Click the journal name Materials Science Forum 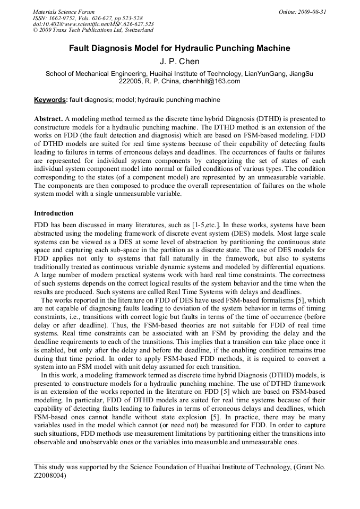click(x=64, y=12)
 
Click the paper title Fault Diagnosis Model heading click(x=179, y=48)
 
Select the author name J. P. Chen click(x=179, y=62)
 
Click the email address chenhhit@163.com click(x=211, y=81)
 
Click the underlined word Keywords click(x=50, y=100)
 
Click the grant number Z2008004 click(x=50, y=476)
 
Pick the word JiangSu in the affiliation click(x=301, y=74)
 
